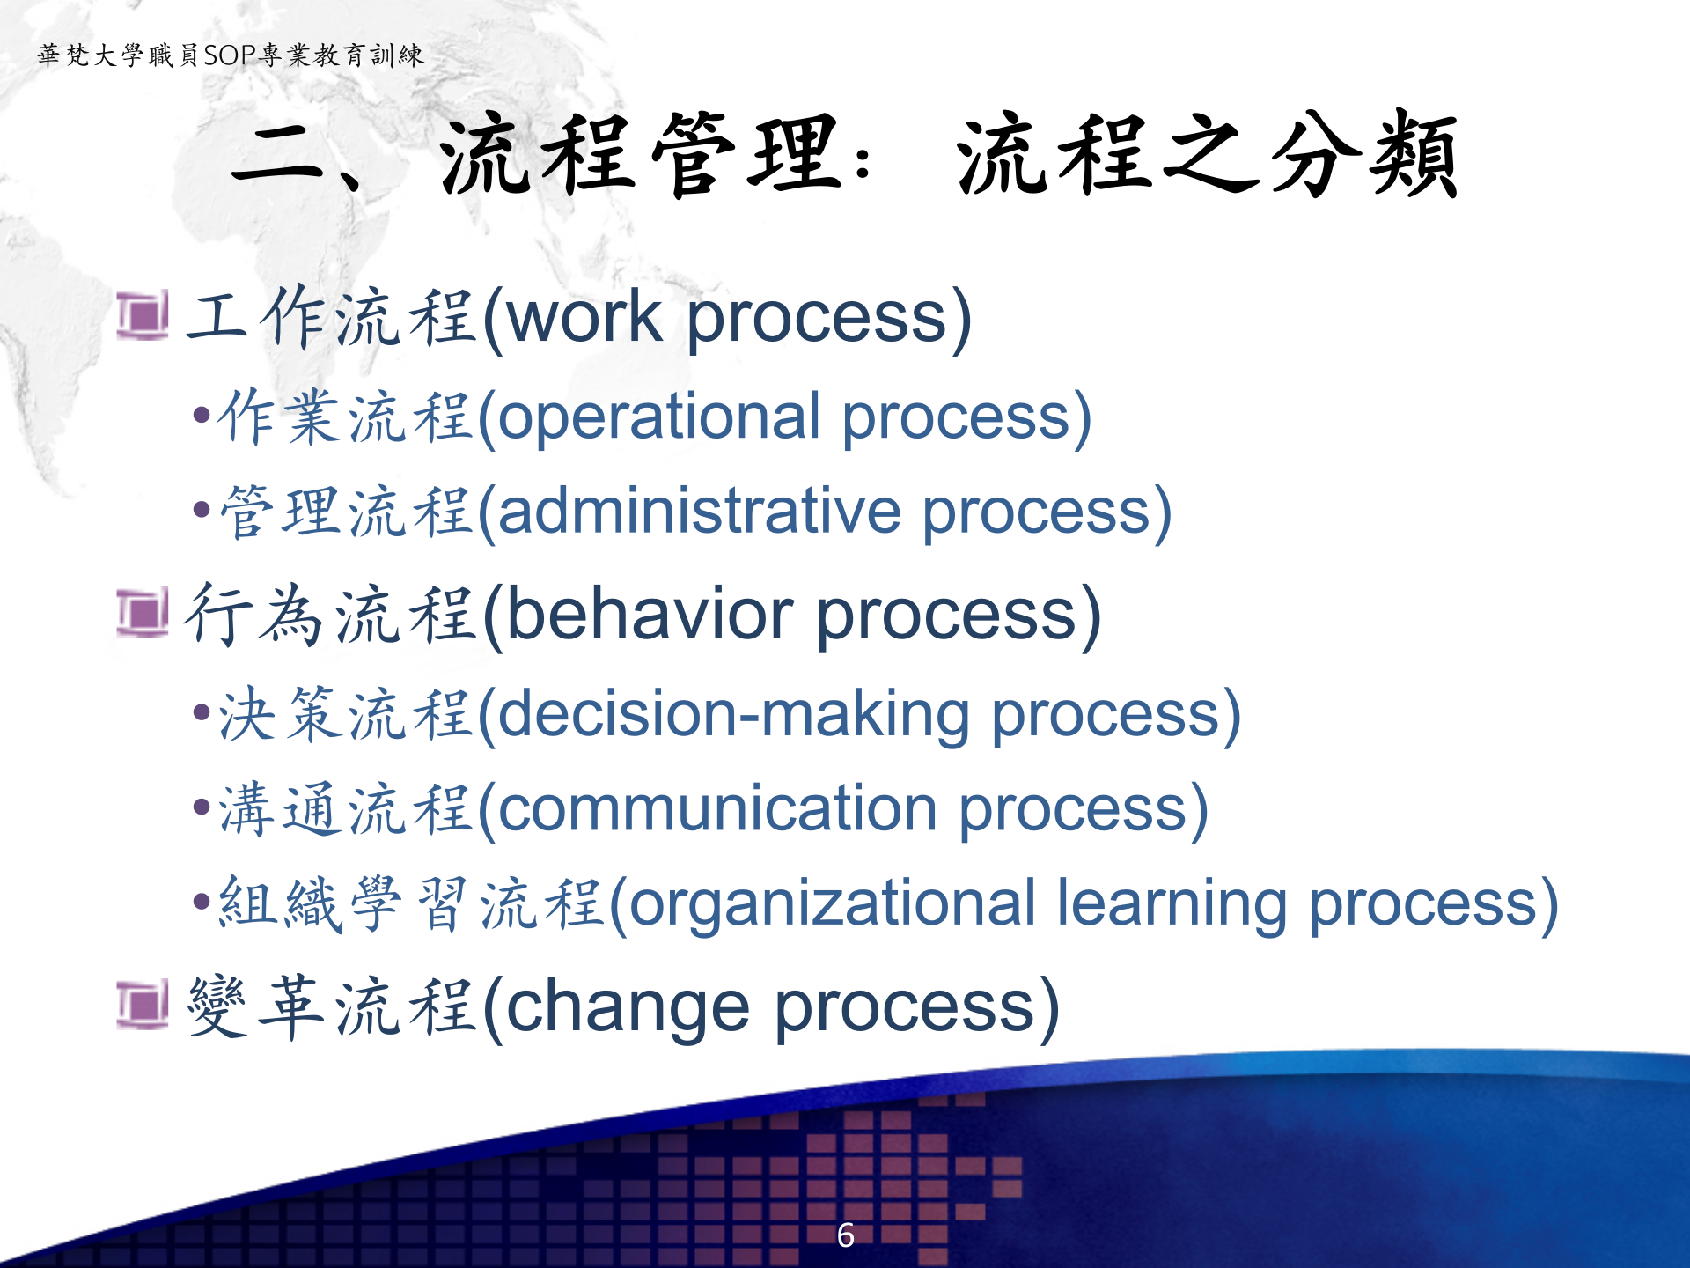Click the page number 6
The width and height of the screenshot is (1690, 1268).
(x=845, y=1235)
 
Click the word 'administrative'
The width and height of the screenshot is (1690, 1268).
(x=700, y=512)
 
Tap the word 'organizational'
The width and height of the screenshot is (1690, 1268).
(x=833, y=903)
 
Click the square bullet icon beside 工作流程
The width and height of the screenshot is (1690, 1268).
(x=143, y=316)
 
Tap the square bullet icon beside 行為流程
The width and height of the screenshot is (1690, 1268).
(x=143, y=613)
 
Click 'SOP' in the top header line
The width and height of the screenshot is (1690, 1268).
(x=230, y=55)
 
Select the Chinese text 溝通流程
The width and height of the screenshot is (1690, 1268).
(x=343, y=809)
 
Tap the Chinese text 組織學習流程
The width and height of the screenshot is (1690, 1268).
(x=409, y=903)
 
